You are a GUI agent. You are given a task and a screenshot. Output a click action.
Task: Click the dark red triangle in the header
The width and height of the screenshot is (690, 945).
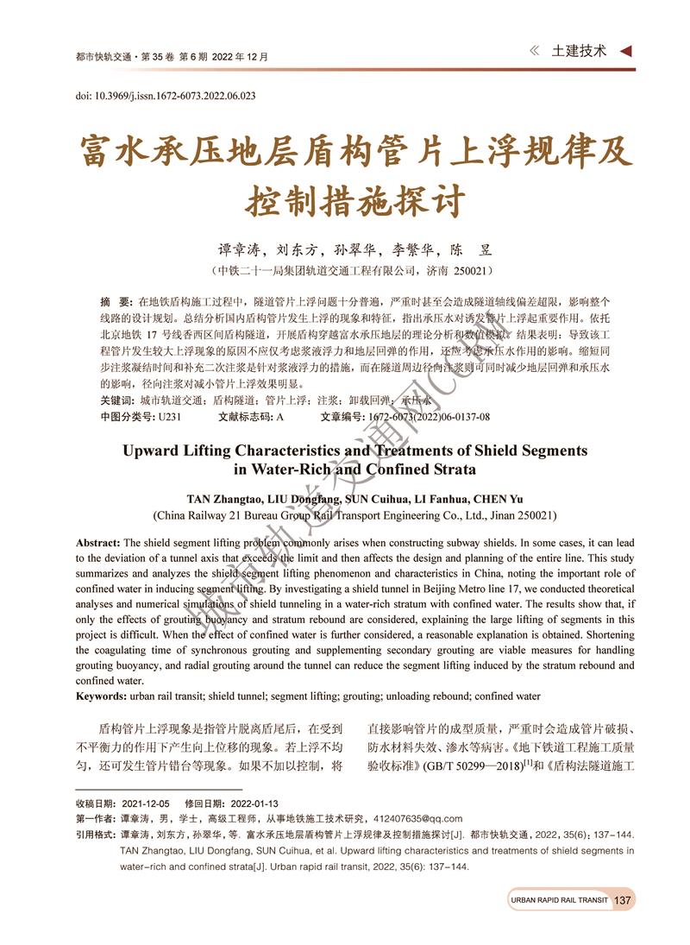[627, 51]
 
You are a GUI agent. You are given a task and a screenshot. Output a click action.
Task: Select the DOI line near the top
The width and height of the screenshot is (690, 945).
[165, 95]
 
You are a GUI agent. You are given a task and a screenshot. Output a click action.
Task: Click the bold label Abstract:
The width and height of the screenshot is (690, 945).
[98, 543]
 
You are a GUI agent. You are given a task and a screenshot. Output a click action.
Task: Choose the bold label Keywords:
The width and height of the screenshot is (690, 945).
[101, 696]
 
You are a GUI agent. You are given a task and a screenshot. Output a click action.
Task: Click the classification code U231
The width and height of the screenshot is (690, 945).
[168, 416]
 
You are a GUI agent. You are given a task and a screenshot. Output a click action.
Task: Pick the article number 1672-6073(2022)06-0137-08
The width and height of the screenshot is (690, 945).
[429, 416]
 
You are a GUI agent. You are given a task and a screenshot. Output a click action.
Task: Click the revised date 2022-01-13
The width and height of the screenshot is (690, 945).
[248, 803]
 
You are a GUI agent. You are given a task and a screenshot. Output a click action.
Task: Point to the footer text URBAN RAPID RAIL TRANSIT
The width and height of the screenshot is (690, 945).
[559, 900]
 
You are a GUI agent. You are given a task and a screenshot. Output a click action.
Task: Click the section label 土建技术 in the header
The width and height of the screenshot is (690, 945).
[579, 51]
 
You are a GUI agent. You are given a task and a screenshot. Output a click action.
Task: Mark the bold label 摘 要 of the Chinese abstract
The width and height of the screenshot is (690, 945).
[115, 301]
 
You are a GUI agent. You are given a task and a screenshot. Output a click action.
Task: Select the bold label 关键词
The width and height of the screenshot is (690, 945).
[116, 400]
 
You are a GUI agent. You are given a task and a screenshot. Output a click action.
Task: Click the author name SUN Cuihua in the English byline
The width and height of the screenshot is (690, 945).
[382, 499]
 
